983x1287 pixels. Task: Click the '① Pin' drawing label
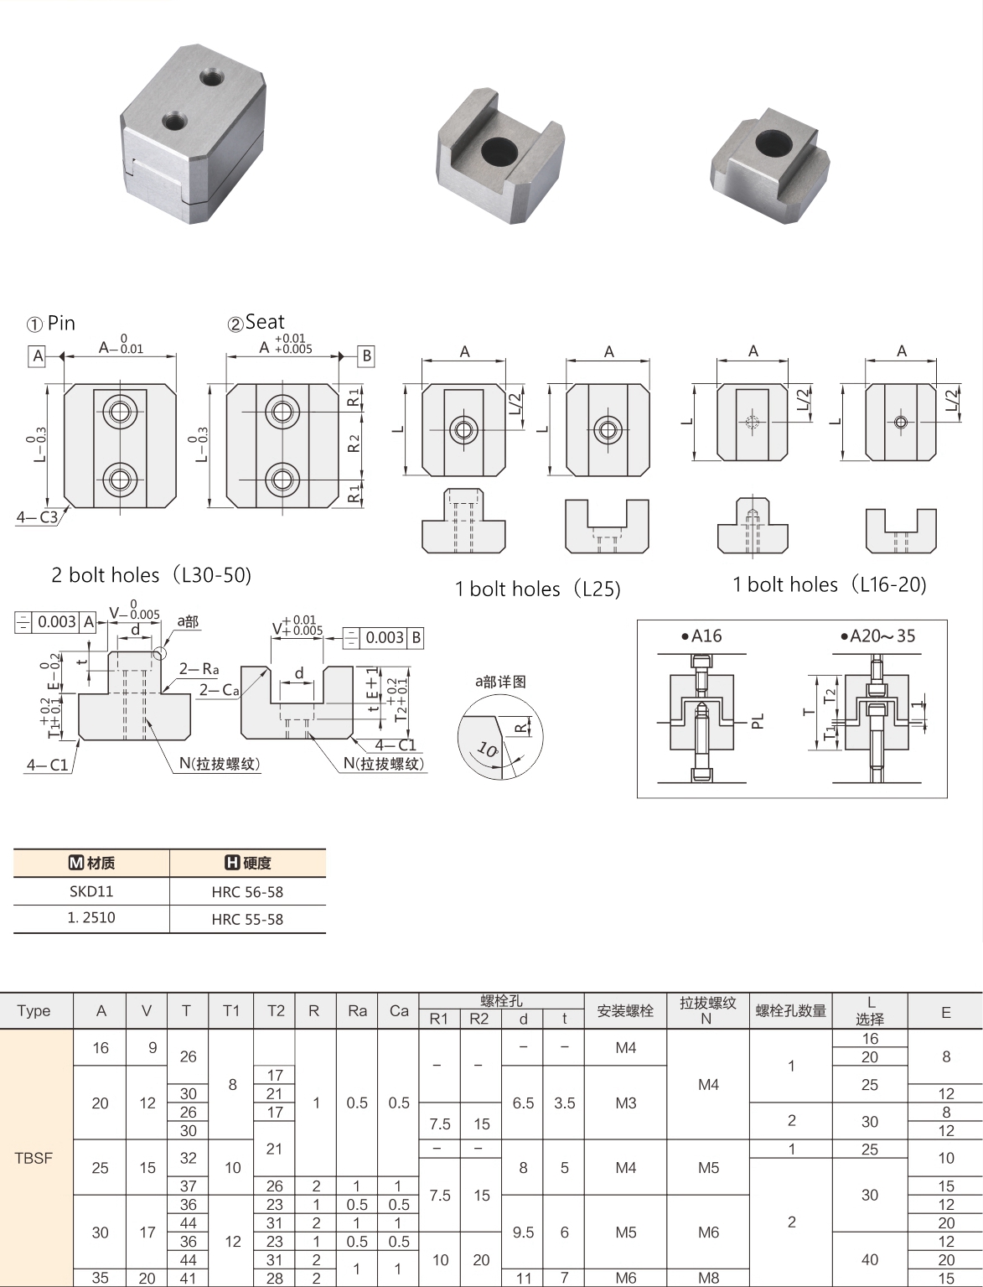pos(51,323)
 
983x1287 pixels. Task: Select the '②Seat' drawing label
pos(256,322)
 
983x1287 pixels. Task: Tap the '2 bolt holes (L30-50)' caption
pos(151,575)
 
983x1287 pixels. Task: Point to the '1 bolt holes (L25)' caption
pos(537,589)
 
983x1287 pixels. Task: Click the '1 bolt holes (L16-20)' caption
pos(829,584)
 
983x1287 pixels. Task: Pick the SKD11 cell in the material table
pos(91,891)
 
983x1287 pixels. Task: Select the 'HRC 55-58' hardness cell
pos(247,919)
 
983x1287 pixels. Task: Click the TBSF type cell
pos(34,1158)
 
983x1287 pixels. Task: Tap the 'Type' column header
pos(34,1010)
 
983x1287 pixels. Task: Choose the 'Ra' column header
pos(357,1010)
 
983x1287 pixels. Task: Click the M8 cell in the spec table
pos(708,1278)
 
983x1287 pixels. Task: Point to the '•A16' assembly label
pos(701,636)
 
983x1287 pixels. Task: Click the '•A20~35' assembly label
pos(877,636)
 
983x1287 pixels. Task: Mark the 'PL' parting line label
pos(758,720)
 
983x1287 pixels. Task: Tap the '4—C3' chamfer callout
pos(37,517)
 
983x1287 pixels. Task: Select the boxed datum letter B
pos(366,355)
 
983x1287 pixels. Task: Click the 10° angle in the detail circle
pos(486,749)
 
